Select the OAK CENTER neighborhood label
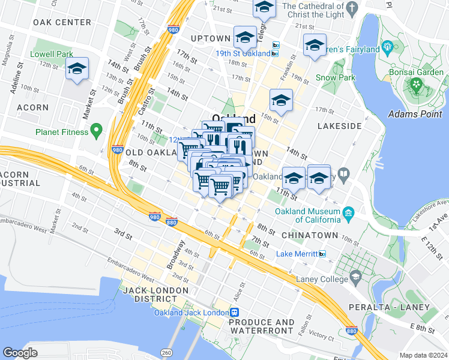click(62, 22)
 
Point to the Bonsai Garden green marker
click(414, 85)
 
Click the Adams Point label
click(415, 113)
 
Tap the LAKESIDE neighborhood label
click(339, 126)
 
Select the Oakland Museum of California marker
click(348, 213)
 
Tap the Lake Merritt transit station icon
click(322, 254)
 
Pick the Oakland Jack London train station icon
click(235, 313)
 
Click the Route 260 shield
click(165, 352)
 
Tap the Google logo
click(20, 352)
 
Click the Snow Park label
click(336, 77)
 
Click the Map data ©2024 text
click(423, 355)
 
